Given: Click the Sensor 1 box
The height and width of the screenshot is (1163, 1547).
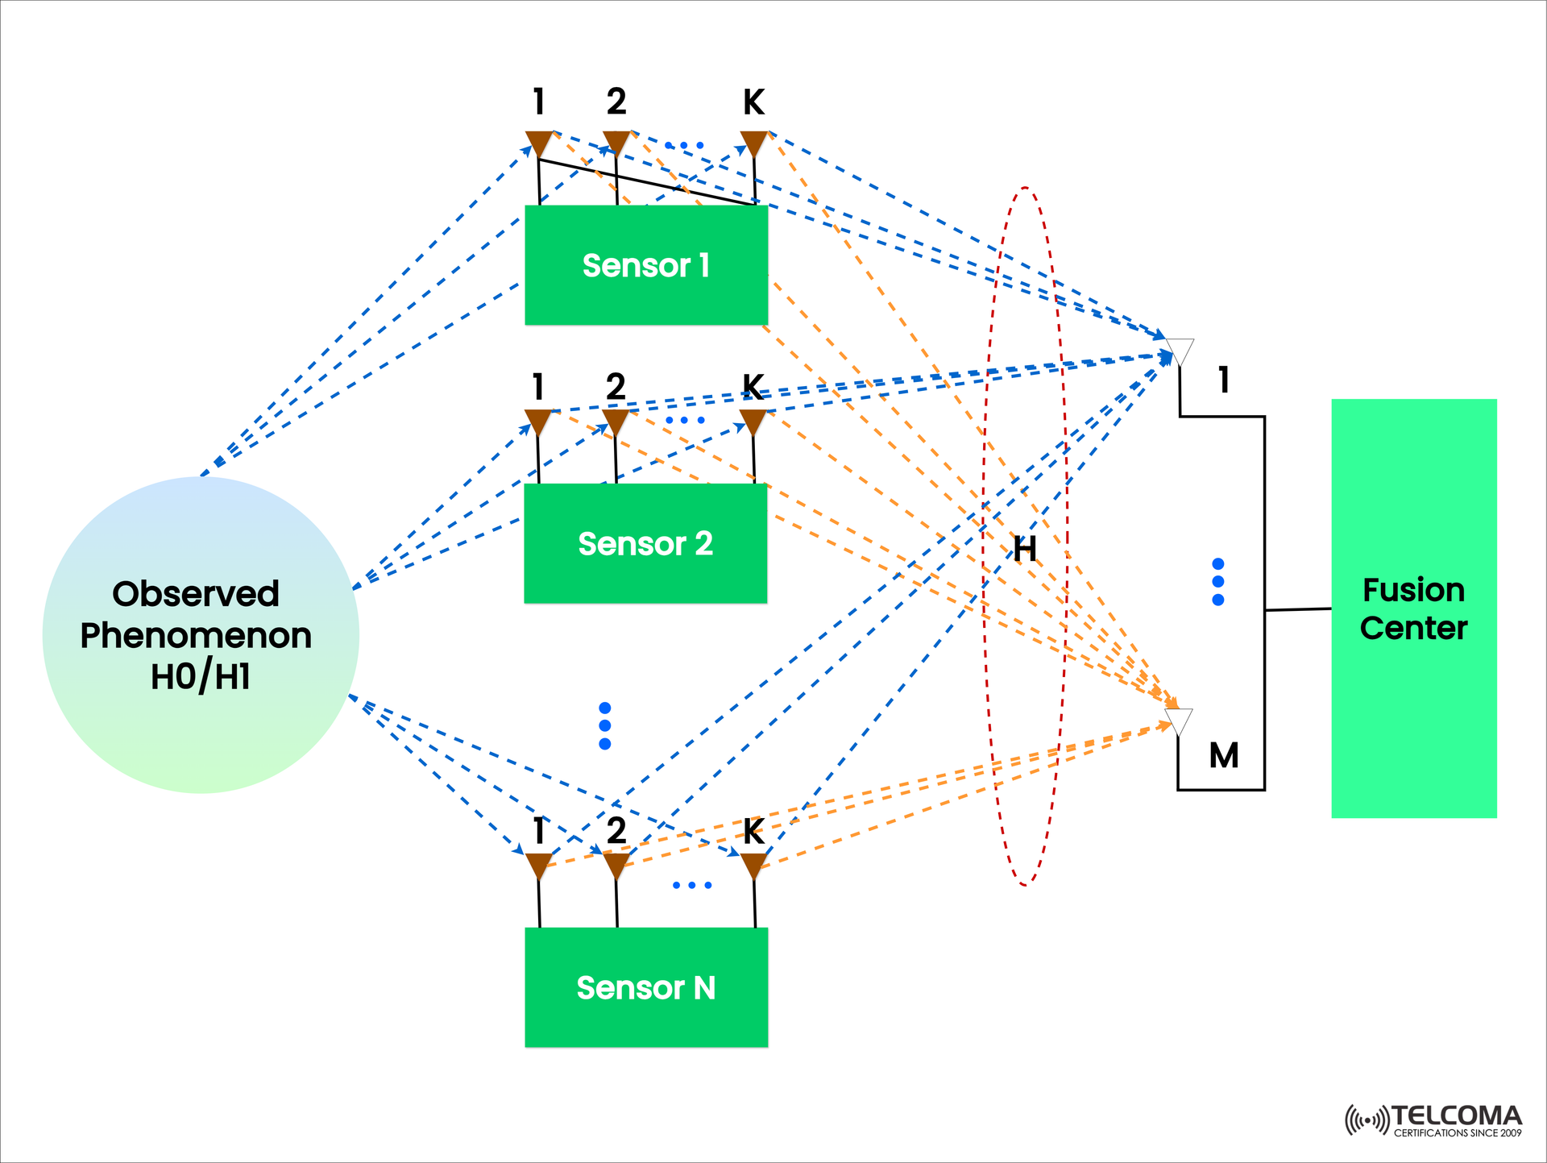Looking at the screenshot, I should [x=645, y=265].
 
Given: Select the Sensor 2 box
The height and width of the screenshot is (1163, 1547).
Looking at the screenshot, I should [x=645, y=543].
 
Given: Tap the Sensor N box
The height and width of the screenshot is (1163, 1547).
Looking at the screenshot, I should [x=645, y=987].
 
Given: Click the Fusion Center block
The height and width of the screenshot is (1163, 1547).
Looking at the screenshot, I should [x=1413, y=608].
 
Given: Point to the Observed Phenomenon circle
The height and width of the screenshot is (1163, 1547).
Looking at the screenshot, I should [x=200, y=635].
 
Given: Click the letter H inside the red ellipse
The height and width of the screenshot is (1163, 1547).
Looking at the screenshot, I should [x=1024, y=550].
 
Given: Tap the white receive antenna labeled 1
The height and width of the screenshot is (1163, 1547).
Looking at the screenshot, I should [x=1180, y=351].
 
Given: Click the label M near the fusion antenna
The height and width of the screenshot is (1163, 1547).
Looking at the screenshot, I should [x=1224, y=756].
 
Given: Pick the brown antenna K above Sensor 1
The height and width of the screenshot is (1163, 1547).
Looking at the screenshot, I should [x=753, y=143].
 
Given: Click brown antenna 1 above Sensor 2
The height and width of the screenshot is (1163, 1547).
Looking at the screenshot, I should [x=537, y=422].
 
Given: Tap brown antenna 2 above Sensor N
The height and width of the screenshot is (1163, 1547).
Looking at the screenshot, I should [x=616, y=866].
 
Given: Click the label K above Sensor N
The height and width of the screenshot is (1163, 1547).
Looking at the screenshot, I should [x=753, y=832].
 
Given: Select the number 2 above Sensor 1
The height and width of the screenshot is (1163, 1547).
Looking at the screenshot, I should [x=616, y=102].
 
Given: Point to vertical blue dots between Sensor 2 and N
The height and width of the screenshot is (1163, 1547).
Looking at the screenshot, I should [x=605, y=725].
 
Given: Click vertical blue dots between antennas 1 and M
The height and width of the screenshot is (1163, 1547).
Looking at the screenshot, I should [x=1218, y=581].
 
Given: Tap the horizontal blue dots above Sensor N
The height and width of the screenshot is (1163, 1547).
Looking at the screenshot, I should [x=692, y=885].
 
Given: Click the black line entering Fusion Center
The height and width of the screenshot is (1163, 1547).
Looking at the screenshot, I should [x=1298, y=609].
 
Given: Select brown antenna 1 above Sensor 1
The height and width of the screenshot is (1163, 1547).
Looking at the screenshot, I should [x=538, y=143].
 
